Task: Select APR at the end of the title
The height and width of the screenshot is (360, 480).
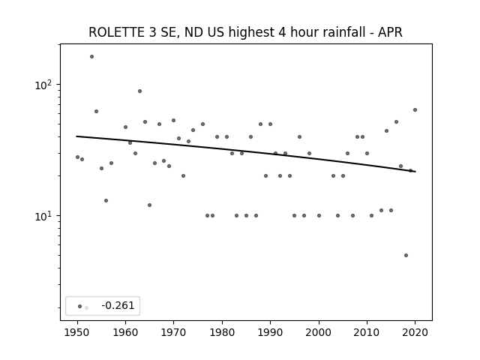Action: point(390,32)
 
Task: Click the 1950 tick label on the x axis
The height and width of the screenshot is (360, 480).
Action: point(77,332)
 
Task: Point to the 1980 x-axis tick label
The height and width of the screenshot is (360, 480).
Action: point(222,332)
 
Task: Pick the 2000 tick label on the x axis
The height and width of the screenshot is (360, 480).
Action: point(319,332)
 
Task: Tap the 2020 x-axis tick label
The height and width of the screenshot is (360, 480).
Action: point(415,332)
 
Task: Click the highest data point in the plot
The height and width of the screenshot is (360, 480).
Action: point(91,57)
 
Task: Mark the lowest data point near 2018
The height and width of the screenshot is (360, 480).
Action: point(406,255)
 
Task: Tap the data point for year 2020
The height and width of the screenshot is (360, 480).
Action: point(415,110)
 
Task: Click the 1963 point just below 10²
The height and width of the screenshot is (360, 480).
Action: point(139,91)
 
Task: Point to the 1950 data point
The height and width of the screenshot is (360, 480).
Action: point(77,157)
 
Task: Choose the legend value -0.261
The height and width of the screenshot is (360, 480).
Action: point(118,305)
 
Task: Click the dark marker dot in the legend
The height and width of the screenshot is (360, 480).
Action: point(79,306)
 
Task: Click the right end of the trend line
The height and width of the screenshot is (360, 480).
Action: point(415,172)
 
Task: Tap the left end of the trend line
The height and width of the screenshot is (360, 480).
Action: point(76,136)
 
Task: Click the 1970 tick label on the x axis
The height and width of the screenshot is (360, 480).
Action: point(173,332)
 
